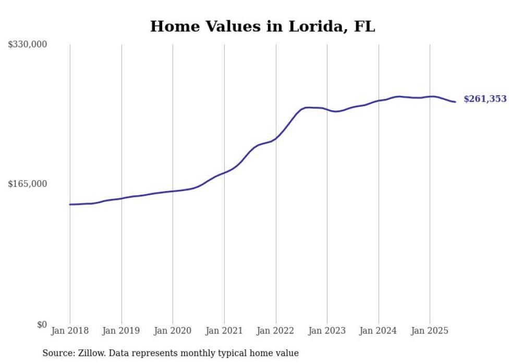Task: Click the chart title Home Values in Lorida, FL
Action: (x=262, y=27)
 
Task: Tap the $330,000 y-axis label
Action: (x=28, y=45)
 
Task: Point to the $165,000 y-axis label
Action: (x=28, y=184)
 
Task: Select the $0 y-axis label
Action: (x=42, y=324)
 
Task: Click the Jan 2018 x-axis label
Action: (x=70, y=331)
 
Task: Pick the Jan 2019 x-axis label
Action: (x=121, y=331)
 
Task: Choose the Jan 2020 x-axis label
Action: (x=173, y=331)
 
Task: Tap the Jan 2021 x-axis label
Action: (x=224, y=331)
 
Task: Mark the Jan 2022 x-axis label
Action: (x=276, y=331)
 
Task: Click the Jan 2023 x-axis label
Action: (x=327, y=331)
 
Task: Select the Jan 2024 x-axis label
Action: (x=379, y=331)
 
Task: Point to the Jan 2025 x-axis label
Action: (x=430, y=331)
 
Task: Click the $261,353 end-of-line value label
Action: (x=484, y=99)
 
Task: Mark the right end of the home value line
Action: (x=455, y=102)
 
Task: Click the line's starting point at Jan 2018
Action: (x=70, y=204)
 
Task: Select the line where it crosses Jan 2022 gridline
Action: (x=276, y=138)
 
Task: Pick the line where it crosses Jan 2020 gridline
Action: (x=173, y=191)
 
